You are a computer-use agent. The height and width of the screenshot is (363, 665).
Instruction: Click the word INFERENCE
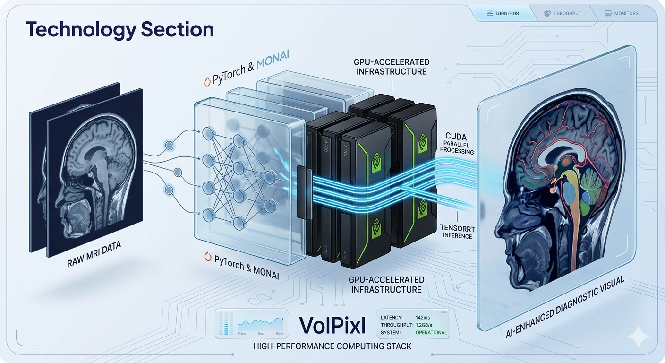click(x=458, y=236)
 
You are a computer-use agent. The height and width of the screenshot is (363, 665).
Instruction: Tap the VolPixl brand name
click(x=331, y=325)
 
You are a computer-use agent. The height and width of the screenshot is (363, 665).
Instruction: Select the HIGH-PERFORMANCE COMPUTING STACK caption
click(x=332, y=346)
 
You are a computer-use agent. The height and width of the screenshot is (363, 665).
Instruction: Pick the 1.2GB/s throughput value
click(x=431, y=325)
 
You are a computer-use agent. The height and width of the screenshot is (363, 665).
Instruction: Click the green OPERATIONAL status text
click(x=431, y=332)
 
